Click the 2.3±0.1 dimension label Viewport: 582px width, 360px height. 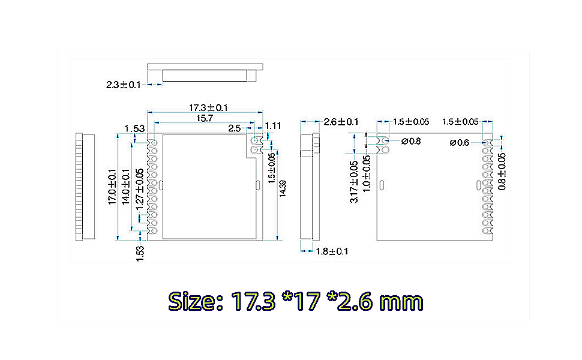pyautogui.click(x=123, y=85)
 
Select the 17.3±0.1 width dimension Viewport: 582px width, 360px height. pyautogui.click(x=208, y=107)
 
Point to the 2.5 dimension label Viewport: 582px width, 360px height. pyautogui.click(x=234, y=128)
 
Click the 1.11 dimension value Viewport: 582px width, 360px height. pyautogui.click(x=273, y=125)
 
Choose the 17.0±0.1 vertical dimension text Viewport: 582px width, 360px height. pyautogui.click(x=112, y=187)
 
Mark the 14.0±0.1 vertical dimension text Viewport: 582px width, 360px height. pyautogui.click(x=126, y=187)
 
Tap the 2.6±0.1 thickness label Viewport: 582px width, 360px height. pyautogui.click(x=341, y=122)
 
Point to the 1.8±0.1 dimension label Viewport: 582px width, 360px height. pyautogui.click(x=332, y=251)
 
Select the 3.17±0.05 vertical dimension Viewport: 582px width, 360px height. pyautogui.click(x=354, y=181)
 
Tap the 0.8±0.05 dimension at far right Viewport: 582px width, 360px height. pyautogui.click(x=502, y=172)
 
